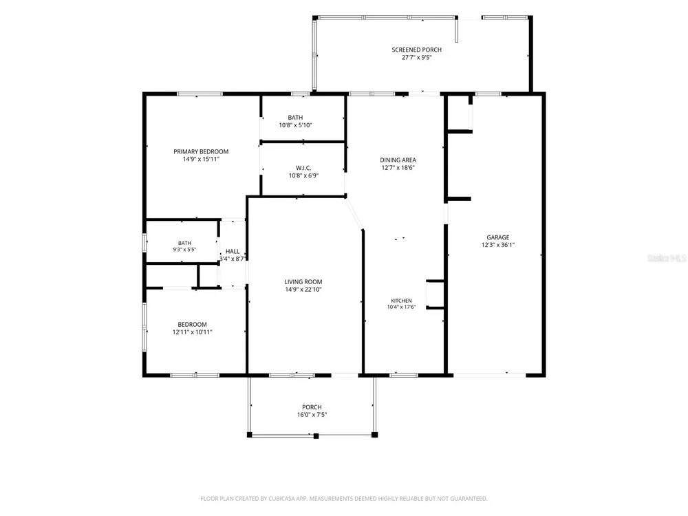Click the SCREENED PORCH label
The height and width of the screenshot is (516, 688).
416,50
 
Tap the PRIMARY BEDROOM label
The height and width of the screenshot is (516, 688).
201,151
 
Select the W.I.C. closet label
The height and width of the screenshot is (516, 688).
303,168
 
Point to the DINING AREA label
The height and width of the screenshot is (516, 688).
398,160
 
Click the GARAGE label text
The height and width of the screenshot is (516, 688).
498,237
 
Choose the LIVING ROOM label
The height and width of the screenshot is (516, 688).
303,281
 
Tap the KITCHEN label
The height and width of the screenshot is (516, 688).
402,301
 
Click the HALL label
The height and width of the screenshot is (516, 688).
233,251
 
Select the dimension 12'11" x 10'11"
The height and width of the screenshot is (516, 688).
192,332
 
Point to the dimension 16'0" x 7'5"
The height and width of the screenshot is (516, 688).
312,415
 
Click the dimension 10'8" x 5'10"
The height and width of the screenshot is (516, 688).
295,125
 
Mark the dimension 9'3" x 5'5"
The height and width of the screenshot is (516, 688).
184,249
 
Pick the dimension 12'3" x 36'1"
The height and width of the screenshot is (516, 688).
498,245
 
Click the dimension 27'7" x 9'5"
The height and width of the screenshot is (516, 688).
417,57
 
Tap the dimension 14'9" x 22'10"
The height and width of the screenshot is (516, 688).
303,289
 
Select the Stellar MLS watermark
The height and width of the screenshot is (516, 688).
667,258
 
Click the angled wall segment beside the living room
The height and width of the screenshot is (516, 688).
354,214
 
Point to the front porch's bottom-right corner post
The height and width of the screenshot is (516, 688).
375,435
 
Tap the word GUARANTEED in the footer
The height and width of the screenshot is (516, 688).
470,498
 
